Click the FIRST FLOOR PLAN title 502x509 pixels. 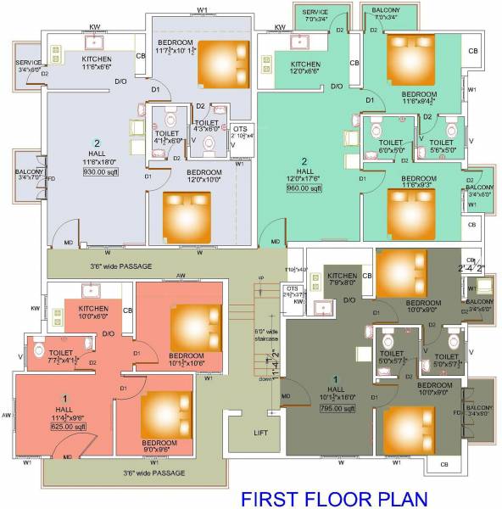click(328, 498)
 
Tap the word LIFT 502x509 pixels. click(260, 433)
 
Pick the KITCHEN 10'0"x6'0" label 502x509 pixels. click(94, 311)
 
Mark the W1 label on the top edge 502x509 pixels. click(202, 9)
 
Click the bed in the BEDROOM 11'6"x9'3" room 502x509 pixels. click(410, 206)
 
